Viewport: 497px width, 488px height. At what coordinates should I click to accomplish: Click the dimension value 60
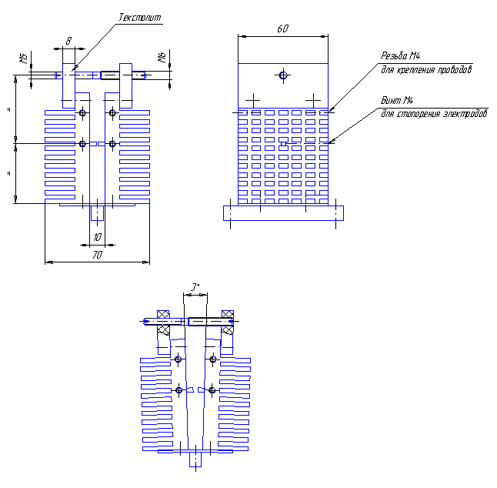pos(282,28)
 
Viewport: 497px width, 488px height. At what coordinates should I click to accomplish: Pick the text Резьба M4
pos(399,56)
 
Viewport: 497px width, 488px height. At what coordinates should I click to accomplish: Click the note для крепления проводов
pos(426,69)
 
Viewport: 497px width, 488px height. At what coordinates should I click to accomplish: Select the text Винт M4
pos(397,101)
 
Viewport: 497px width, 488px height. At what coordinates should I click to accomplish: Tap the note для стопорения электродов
pos(434,114)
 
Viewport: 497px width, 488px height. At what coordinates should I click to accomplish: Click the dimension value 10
pos(97,237)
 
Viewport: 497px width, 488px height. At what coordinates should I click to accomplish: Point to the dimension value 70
pos(97,255)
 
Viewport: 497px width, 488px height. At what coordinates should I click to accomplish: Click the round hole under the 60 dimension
pos(283,75)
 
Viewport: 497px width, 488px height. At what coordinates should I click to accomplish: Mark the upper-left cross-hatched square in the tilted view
pos(163,315)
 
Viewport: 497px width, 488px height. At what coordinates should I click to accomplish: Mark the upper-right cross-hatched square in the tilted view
pos(228,315)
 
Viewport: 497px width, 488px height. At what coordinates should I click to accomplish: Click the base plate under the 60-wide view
pos(282,212)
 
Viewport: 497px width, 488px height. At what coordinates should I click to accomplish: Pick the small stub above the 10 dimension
pos(97,213)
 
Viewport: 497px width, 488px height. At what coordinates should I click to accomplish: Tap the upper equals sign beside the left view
pos(8,109)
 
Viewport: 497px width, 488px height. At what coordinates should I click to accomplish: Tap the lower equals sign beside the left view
pos(8,173)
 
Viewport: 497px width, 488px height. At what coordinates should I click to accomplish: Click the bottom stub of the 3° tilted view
pos(195,459)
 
